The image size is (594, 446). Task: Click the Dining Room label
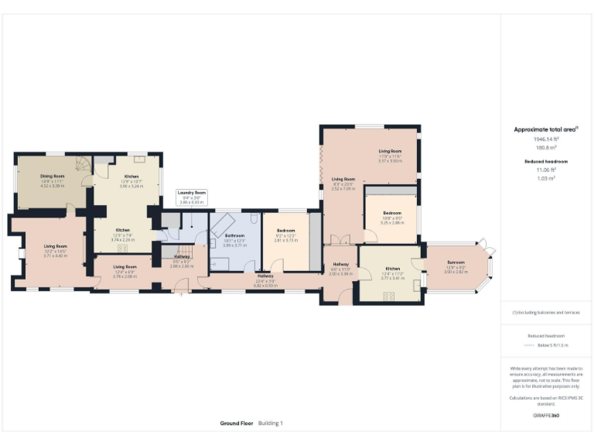pyautogui.click(x=52, y=177)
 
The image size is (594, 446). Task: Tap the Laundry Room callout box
pyautogui.click(x=191, y=197)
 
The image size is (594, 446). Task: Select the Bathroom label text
pyautogui.click(x=234, y=235)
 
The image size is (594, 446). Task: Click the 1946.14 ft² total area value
pyautogui.click(x=546, y=139)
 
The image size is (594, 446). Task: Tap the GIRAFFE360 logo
pyautogui.click(x=545, y=416)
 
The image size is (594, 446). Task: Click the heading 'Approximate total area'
pyautogui.click(x=545, y=130)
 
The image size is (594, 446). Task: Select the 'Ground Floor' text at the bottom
pyautogui.click(x=236, y=424)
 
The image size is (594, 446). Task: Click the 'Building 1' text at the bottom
pyautogui.click(x=271, y=424)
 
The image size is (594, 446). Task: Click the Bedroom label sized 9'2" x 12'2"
pyautogui.click(x=286, y=231)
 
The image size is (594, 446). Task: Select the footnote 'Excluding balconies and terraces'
pyautogui.click(x=546, y=312)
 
